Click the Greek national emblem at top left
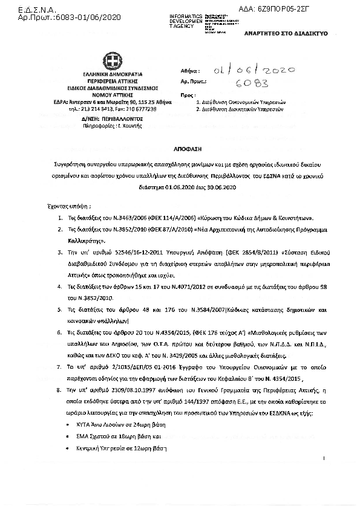112,62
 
